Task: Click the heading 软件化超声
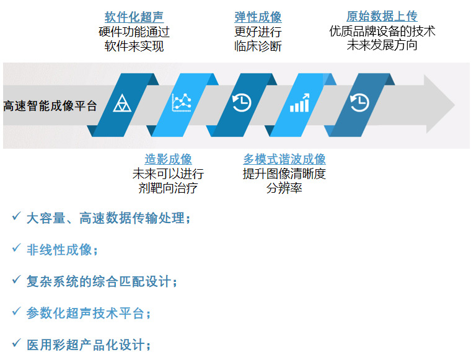(134, 17)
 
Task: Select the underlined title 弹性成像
(258, 17)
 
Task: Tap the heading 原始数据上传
(382, 16)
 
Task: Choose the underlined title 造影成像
(168, 159)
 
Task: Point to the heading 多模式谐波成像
(284, 159)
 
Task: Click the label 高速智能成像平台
(50, 106)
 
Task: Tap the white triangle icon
(122, 103)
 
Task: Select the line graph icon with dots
(182, 103)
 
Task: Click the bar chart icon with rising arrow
(299, 103)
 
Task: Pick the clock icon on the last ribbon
(359, 103)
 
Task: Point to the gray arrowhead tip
(455, 105)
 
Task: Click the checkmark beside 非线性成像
(16, 248)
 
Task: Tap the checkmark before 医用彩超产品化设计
(16, 343)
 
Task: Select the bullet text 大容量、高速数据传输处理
(108, 218)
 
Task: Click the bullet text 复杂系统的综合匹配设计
(102, 282)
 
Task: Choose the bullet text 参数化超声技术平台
(89, 314)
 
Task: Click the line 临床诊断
(258, 46)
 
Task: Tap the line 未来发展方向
(382, 45)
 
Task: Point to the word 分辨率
(284, 188)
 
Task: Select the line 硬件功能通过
(134, 32)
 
